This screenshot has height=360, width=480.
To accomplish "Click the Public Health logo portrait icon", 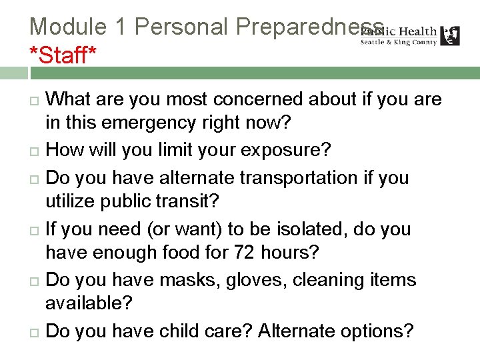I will [451, 35].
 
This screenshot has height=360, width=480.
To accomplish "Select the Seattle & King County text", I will [398, 42].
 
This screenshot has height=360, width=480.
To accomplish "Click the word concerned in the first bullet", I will [263, 100].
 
